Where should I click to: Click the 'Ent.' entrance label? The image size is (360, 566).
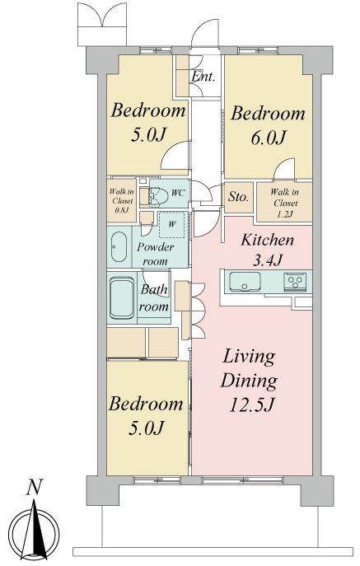(x=203, y=76)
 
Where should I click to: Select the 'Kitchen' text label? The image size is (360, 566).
(x=267, y=240)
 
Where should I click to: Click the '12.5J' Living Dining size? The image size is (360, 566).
(x=252, y=405)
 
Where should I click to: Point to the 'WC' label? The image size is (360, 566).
(x=178, y=193)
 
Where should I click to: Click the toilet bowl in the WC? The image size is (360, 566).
(x=158, y=196)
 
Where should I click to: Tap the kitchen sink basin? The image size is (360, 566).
(x=245, y=281)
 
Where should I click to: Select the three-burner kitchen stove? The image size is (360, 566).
(x=295, y=280)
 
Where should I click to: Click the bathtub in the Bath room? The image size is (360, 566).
(x=122, y=297)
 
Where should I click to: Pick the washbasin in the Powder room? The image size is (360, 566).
(x=119, y=246)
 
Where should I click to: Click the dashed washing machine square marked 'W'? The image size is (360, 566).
(x=173, y=225)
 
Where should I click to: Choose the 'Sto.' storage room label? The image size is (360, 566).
(x=238, y=197)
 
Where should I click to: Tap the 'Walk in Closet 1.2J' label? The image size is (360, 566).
(x=285, y=203)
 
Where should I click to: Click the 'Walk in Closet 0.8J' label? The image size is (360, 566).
(x=121, y=201)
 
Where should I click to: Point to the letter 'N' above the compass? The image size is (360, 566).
(x=35, y=487)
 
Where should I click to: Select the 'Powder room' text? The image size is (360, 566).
(x=155, y=254)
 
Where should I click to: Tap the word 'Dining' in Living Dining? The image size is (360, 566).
(x=249, y=381)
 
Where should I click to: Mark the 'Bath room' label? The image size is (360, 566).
(x=154, y=297)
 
